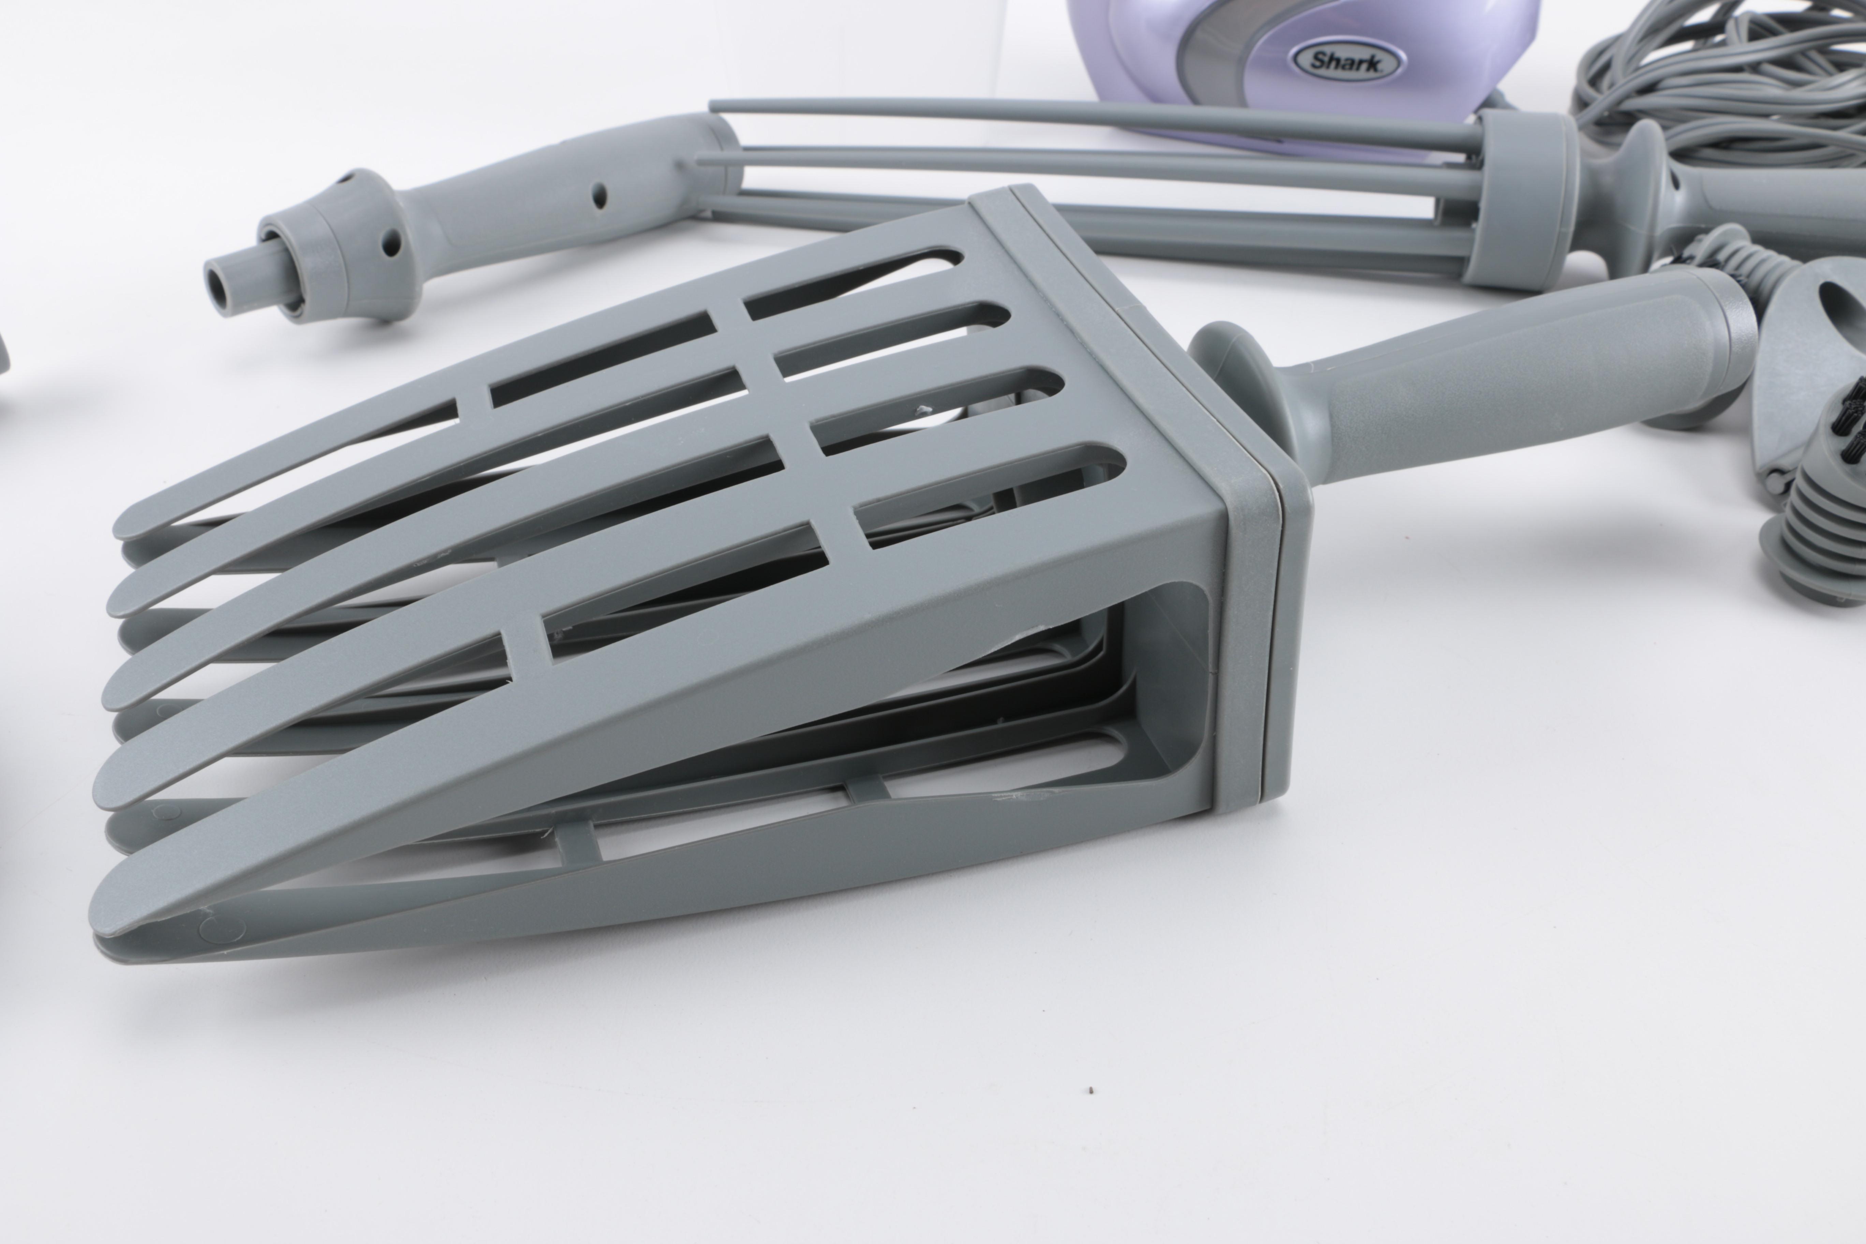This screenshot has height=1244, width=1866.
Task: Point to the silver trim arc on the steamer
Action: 1214,48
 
